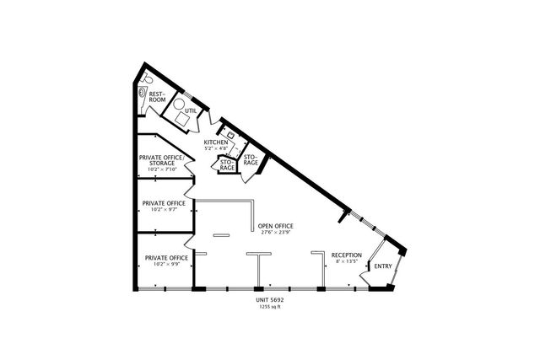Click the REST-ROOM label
(x=156, y=97)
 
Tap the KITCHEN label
(x=216, y=142)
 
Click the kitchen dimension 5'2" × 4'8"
(x=216, y=149)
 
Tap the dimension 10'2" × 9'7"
(x=164, y=210)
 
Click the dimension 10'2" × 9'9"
(x=165, y=264)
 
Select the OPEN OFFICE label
(x=275, y=226)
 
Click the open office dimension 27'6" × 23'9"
(x=275, y=234)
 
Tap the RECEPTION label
(x=346, y=255)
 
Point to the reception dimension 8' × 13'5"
(x=346, y=261)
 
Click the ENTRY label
(x=383, y=266)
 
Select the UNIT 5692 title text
(x=270, y=298)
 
